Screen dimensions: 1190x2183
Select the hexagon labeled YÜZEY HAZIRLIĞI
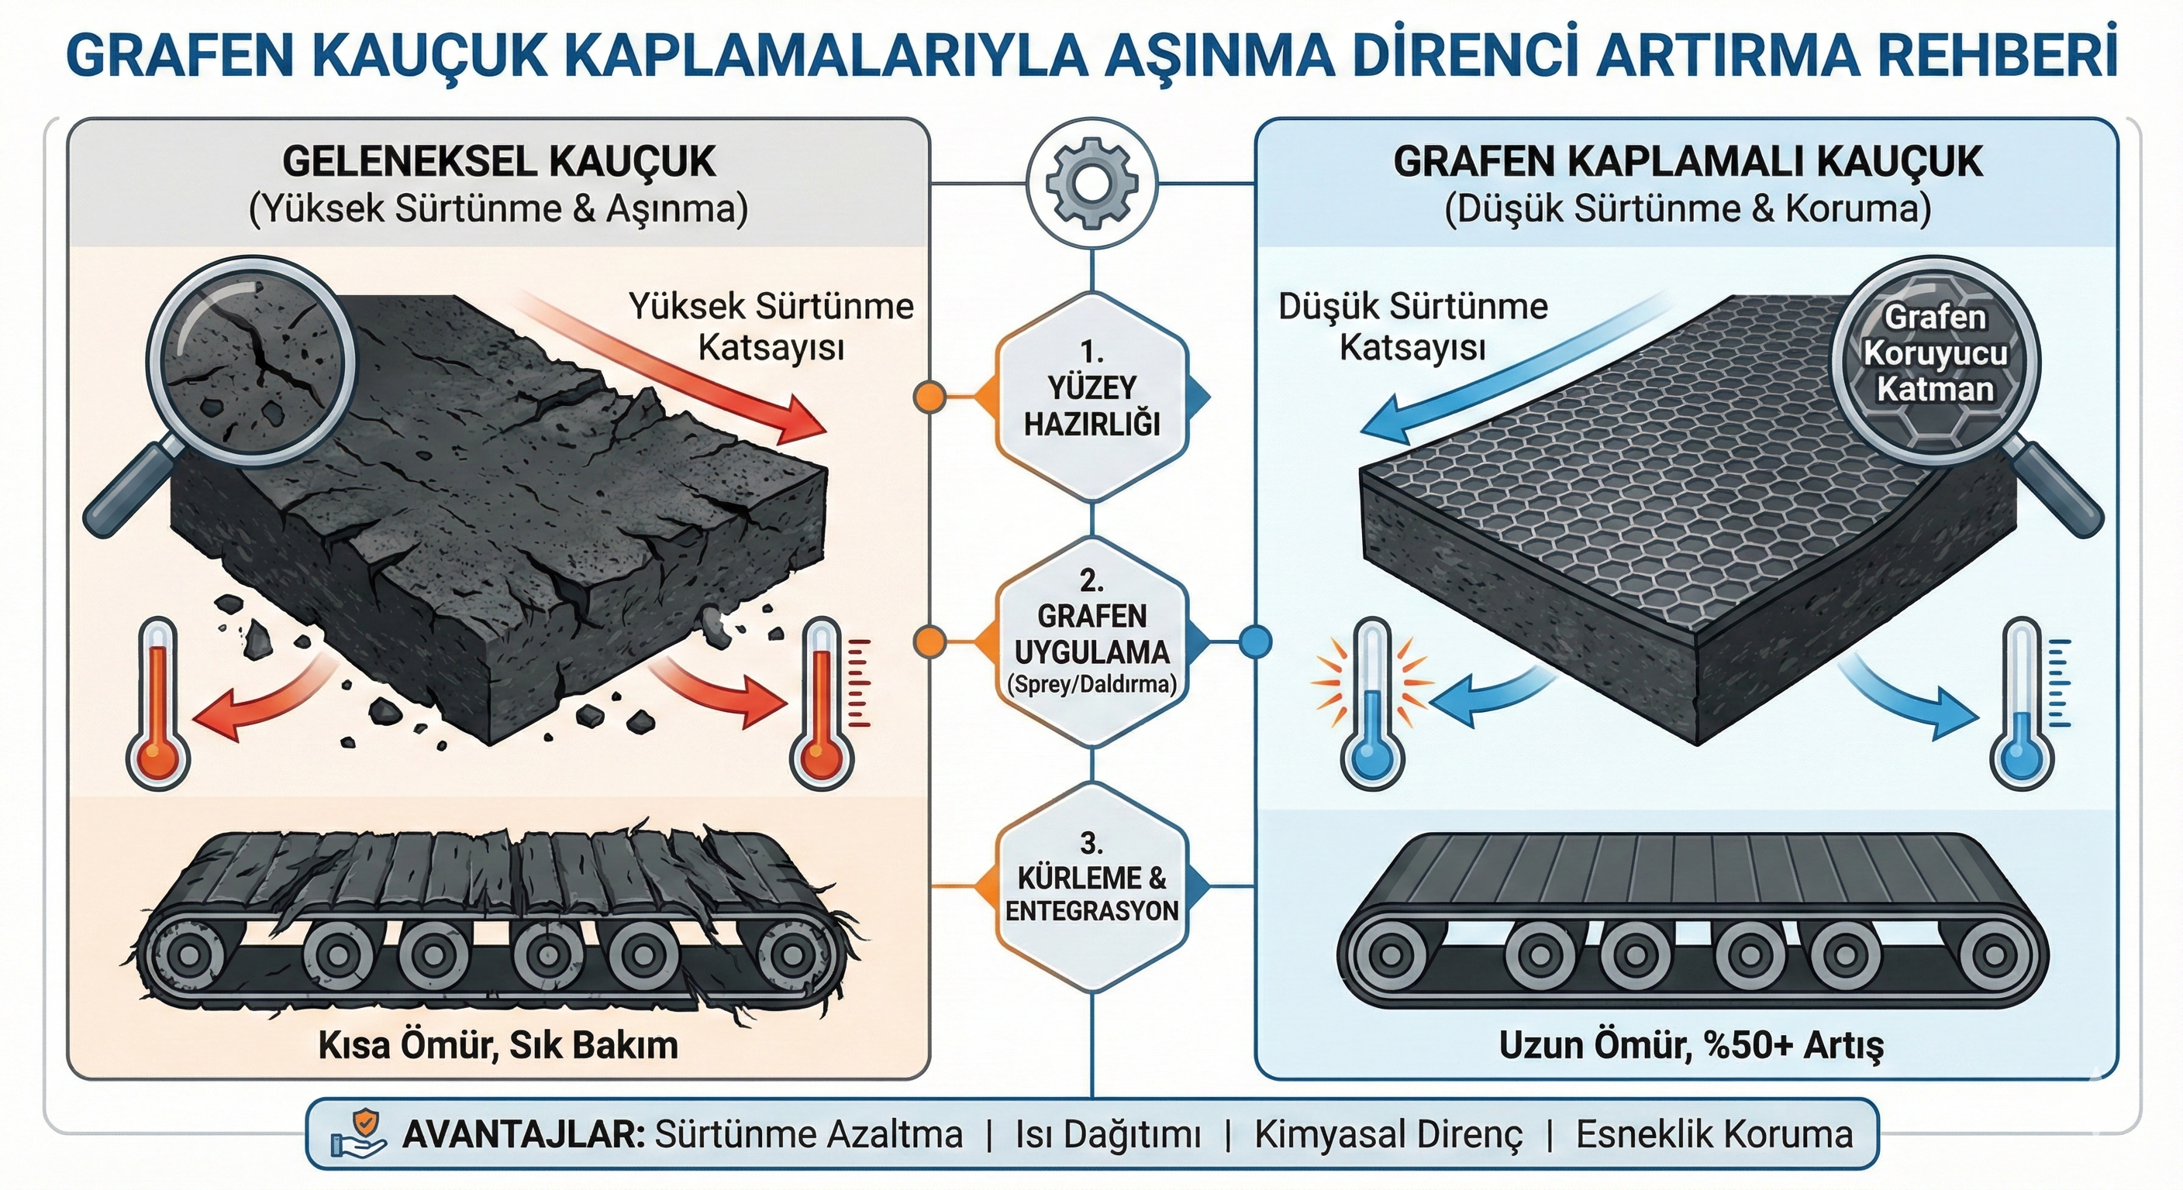1091,397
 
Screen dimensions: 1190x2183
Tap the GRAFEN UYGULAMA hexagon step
1091,642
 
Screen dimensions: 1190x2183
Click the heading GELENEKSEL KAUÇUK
499,163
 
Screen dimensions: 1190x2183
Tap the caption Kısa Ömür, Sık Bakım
498,1045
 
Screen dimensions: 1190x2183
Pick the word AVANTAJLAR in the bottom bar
524,1134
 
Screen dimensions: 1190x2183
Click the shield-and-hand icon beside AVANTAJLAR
357,1133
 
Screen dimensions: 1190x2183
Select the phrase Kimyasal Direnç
1388,1134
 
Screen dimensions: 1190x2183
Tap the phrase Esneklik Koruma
1714,1134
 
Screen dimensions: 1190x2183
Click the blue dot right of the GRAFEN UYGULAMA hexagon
1255,642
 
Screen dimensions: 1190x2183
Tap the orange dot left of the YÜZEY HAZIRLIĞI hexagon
929,397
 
